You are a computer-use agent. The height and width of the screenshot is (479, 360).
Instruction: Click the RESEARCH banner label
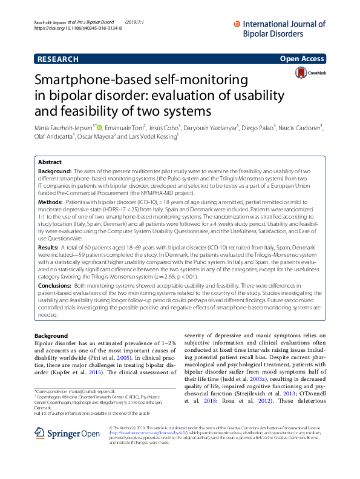coord(57,59)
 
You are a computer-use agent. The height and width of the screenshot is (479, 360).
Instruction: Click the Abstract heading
coord(50,163)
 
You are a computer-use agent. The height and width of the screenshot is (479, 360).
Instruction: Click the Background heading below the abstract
coord(51,335)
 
